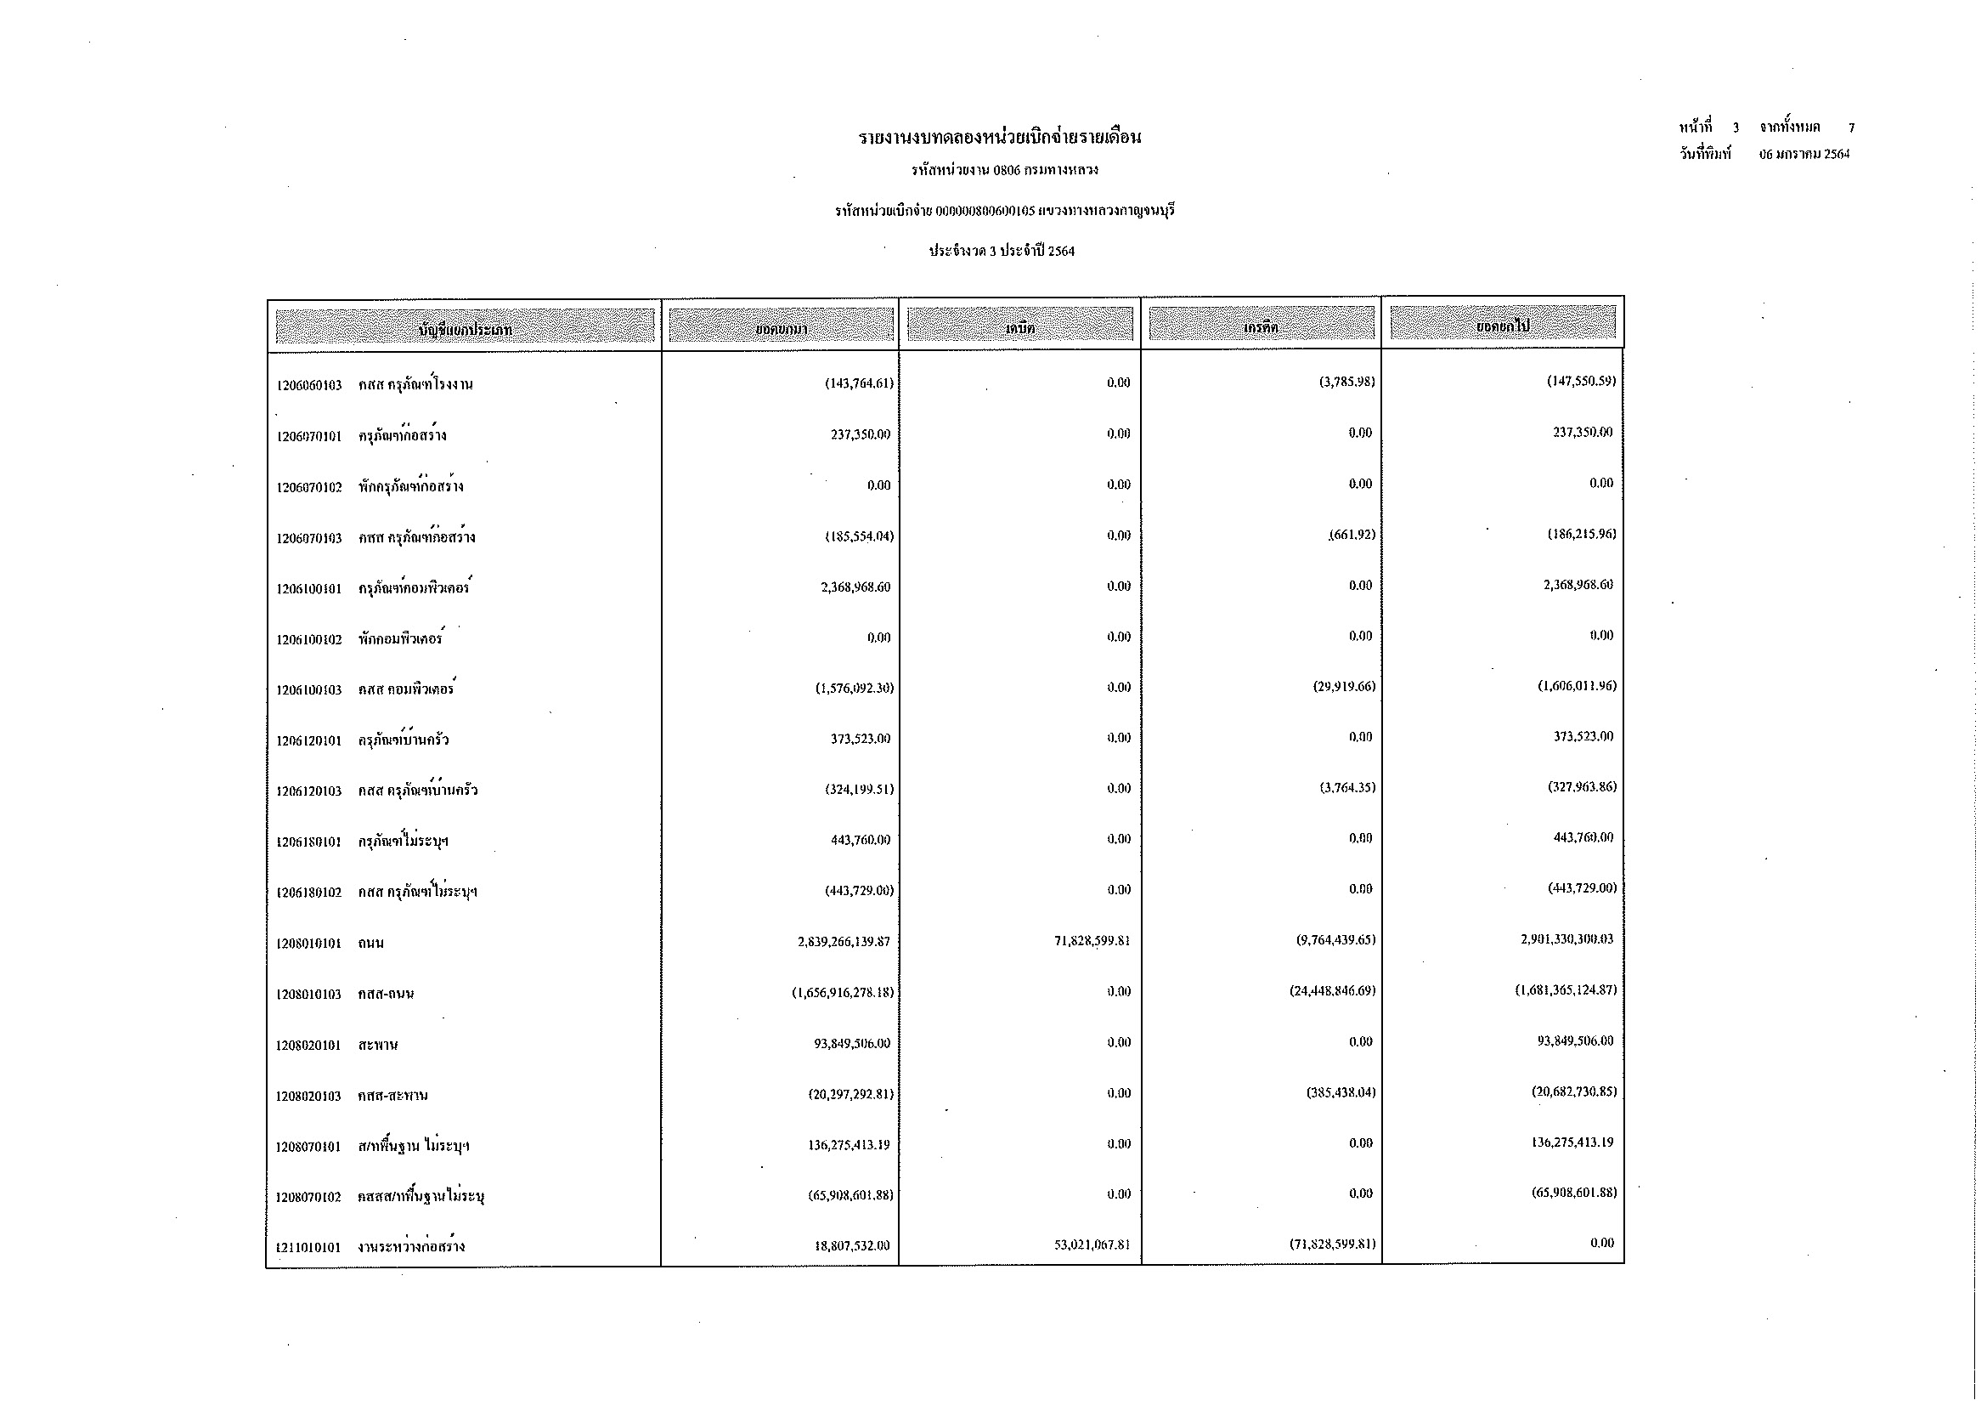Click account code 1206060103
pyautogui.click(x=309, y=385)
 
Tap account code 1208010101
pyautogui.click(x=309, y=944)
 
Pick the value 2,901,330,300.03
pyautogui.click(x=1566, y=939)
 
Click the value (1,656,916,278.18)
pyautogui.click(x=842, y=992)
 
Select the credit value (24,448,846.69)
pyautogui.click(x=1332, y=991)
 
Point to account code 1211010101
pyautogui.click(x=309, y=1248)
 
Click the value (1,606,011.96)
pyautogui.click(x=1576, y=687)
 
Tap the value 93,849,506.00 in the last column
pyautogui.click(x=1575, y=1041)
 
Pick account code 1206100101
pyautogui.click(x=309, y=590)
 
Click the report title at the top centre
pyautogui.click(x=1000, y=138)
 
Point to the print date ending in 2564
pyautogui.click(x=1804, y=155)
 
